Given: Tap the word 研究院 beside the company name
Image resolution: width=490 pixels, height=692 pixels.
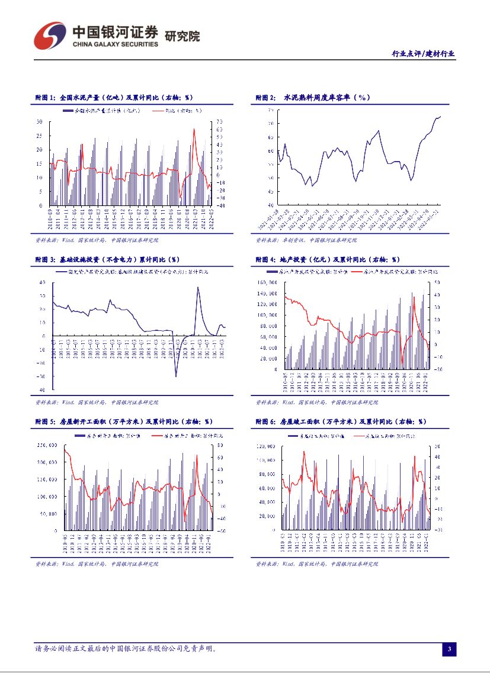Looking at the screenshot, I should [182, 36].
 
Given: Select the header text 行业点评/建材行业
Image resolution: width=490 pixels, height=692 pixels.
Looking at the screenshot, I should [424, 53].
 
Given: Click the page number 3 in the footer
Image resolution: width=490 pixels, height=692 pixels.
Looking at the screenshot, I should [450, 650].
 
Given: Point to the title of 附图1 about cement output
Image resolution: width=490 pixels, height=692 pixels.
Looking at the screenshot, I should [112, 98].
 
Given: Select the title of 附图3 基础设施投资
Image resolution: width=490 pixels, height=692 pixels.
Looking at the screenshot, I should [107, 259].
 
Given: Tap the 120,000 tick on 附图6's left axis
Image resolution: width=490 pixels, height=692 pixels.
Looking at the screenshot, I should [268, 445].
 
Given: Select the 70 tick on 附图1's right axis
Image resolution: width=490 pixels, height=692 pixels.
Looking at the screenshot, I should [219, 121].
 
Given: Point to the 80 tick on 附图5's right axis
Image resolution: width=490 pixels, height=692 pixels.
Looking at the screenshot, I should [219, 445].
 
